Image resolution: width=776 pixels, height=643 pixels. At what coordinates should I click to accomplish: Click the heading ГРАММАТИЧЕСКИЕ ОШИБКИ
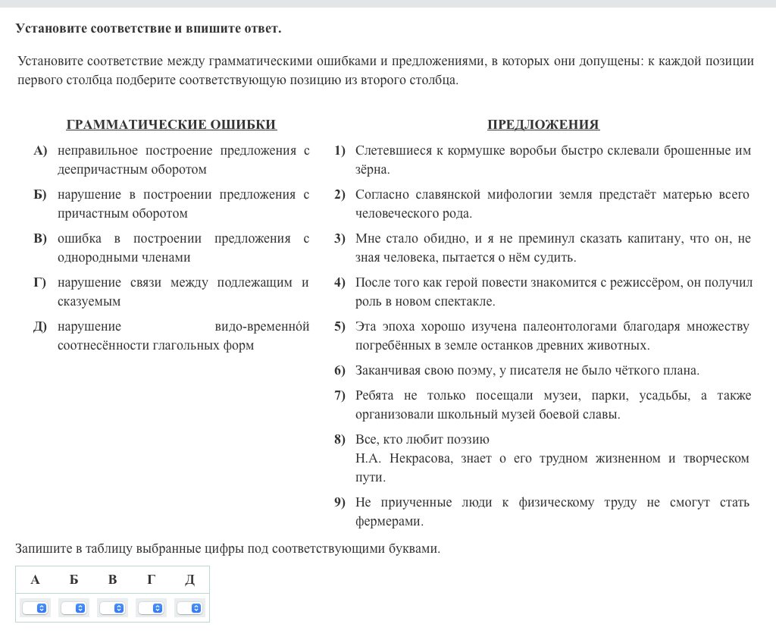[x=171, y=125]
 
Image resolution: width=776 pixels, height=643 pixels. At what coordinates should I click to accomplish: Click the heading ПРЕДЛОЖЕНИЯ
[x=543, y=125]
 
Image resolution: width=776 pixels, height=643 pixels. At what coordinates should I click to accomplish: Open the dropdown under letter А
[x=35, y=608]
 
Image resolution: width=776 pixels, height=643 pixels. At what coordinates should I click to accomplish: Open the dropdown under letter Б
[x=74, y=608]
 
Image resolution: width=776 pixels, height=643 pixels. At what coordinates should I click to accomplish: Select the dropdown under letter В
[x=112, y=608]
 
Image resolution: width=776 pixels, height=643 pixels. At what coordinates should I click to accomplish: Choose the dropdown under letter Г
[x=151, y=608]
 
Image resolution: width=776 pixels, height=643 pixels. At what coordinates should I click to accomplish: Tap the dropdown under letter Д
[x=189, y=608]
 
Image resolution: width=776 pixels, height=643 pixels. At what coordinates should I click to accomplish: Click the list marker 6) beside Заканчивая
[x=339, y=371]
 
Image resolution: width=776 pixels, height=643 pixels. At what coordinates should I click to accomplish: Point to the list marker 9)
[x=339, y=503]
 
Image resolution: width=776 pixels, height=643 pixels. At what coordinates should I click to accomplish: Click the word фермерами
[x=389, y=522]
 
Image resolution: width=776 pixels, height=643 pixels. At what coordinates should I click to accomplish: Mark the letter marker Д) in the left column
[x=40, y=327]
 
